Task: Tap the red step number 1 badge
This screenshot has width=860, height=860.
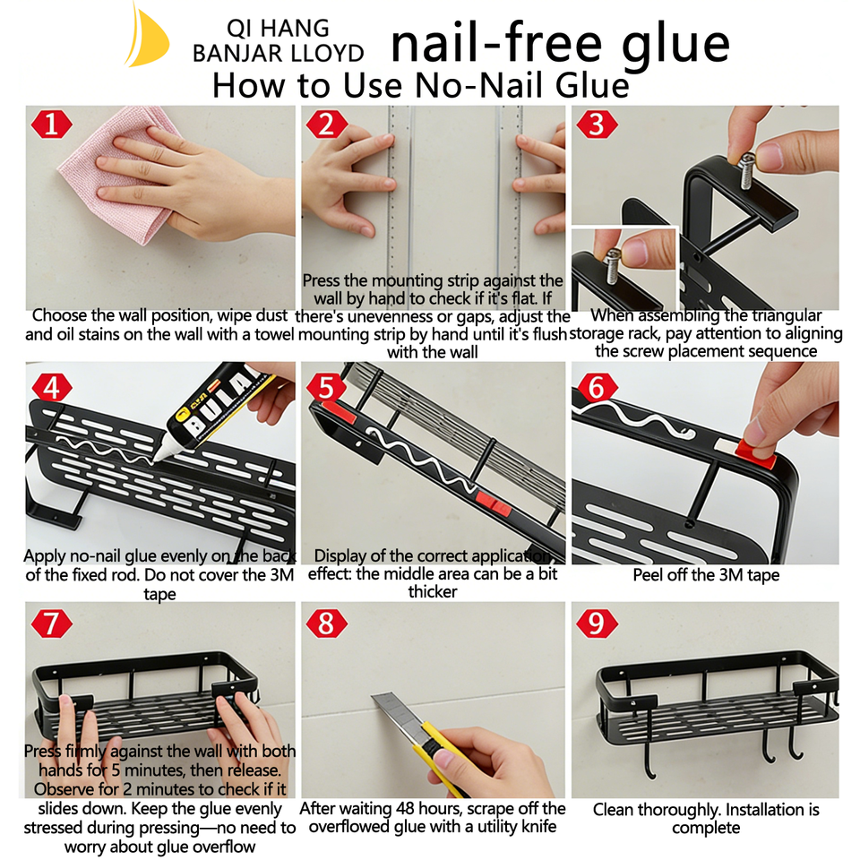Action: pos(52,124)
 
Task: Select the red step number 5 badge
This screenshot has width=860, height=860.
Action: pos(326,387)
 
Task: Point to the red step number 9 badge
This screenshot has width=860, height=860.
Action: pos(597,623)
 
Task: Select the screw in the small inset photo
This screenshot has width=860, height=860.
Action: pos(614,266)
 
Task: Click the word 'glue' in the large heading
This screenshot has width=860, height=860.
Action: pos(675,44)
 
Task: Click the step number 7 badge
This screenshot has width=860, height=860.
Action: pos(52,623)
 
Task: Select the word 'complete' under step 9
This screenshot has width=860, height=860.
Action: pos(706,828)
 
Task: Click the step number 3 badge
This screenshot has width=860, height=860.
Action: pos(597,124)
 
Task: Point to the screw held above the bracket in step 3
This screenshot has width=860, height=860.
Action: pos(746,169)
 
